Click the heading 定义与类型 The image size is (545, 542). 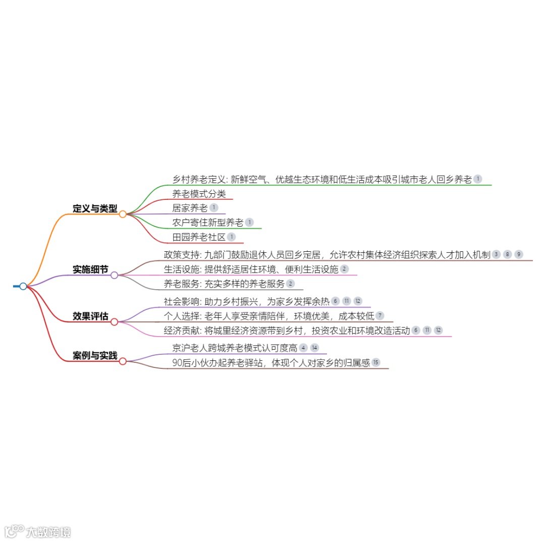95,208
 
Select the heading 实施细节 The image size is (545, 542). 90,269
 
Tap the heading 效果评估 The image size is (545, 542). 90,316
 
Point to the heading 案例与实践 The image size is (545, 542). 95,356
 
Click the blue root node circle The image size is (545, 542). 23,286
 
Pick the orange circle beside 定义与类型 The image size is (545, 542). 123,214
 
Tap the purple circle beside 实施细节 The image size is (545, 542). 115,275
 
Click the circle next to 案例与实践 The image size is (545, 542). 123,361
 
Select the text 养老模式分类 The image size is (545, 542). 199,193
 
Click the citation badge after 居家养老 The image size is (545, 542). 214,207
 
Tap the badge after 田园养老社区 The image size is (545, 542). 231,237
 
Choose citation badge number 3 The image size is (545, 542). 497,254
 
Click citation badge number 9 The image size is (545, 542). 519,254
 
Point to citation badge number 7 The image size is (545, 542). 380,316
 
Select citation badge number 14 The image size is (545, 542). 315,348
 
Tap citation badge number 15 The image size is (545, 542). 375,362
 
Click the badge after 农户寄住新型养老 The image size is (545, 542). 249,222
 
